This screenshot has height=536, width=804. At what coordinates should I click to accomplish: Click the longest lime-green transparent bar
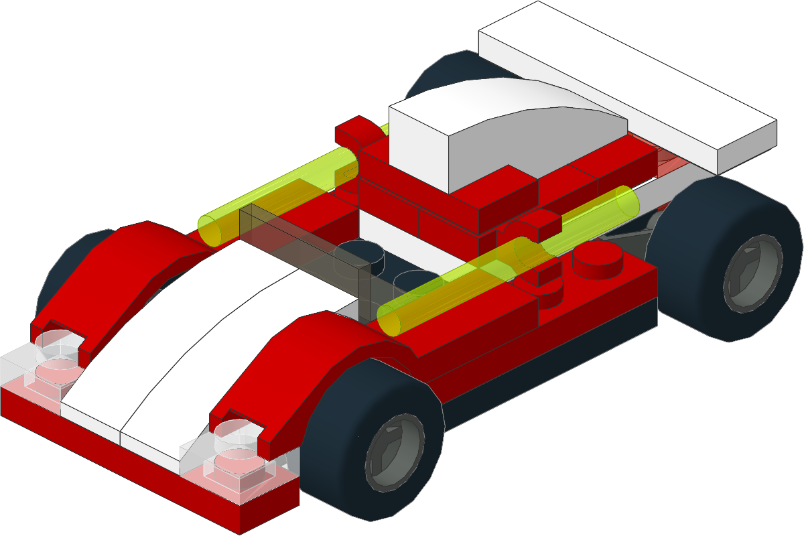tap(281, 194)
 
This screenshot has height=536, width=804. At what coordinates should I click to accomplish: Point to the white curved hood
tap(181, 335)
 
